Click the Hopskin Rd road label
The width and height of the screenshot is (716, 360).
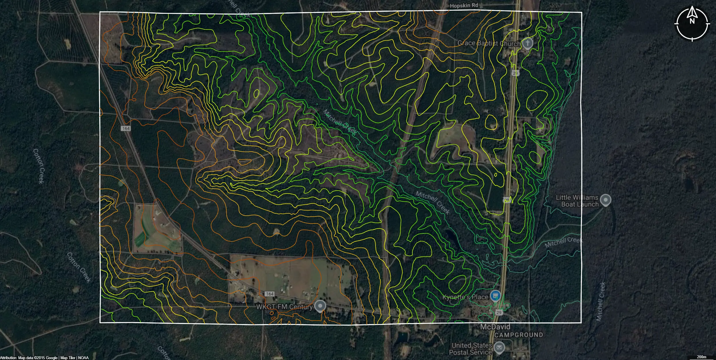[464, 5]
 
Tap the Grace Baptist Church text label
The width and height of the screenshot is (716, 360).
[489, 43]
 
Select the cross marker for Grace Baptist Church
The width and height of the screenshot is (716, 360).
[527, 44]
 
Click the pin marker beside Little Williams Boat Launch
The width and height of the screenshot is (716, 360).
[606, 200]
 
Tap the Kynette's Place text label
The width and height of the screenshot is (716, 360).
[465, 297]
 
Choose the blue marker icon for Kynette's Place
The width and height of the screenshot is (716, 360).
[495, 296]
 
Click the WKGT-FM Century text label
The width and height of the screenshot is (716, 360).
[284, 307]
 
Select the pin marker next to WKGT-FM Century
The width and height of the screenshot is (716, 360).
[320, 306]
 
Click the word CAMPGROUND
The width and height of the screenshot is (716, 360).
[519, 335]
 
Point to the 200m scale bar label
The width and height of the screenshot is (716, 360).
[702, 357]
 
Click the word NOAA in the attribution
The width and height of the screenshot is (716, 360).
[83, 358]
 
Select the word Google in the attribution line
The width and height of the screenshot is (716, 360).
[51, 358]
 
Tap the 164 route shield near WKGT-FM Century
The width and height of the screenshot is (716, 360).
[269, 294]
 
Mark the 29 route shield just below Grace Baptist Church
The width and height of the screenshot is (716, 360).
[515, 73]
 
